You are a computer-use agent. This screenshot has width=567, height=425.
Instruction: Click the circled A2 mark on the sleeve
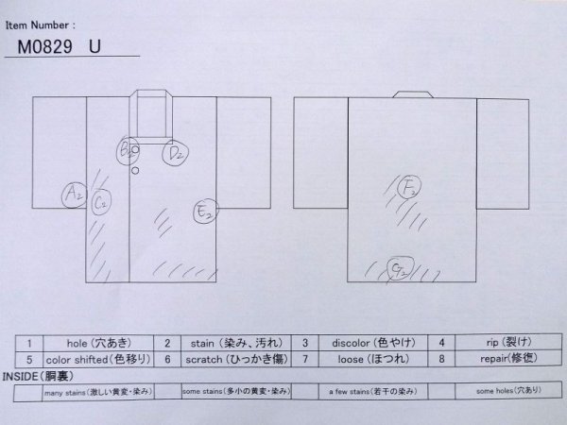(71, 195)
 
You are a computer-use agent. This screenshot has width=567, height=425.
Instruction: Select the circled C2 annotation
(102, 199)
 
